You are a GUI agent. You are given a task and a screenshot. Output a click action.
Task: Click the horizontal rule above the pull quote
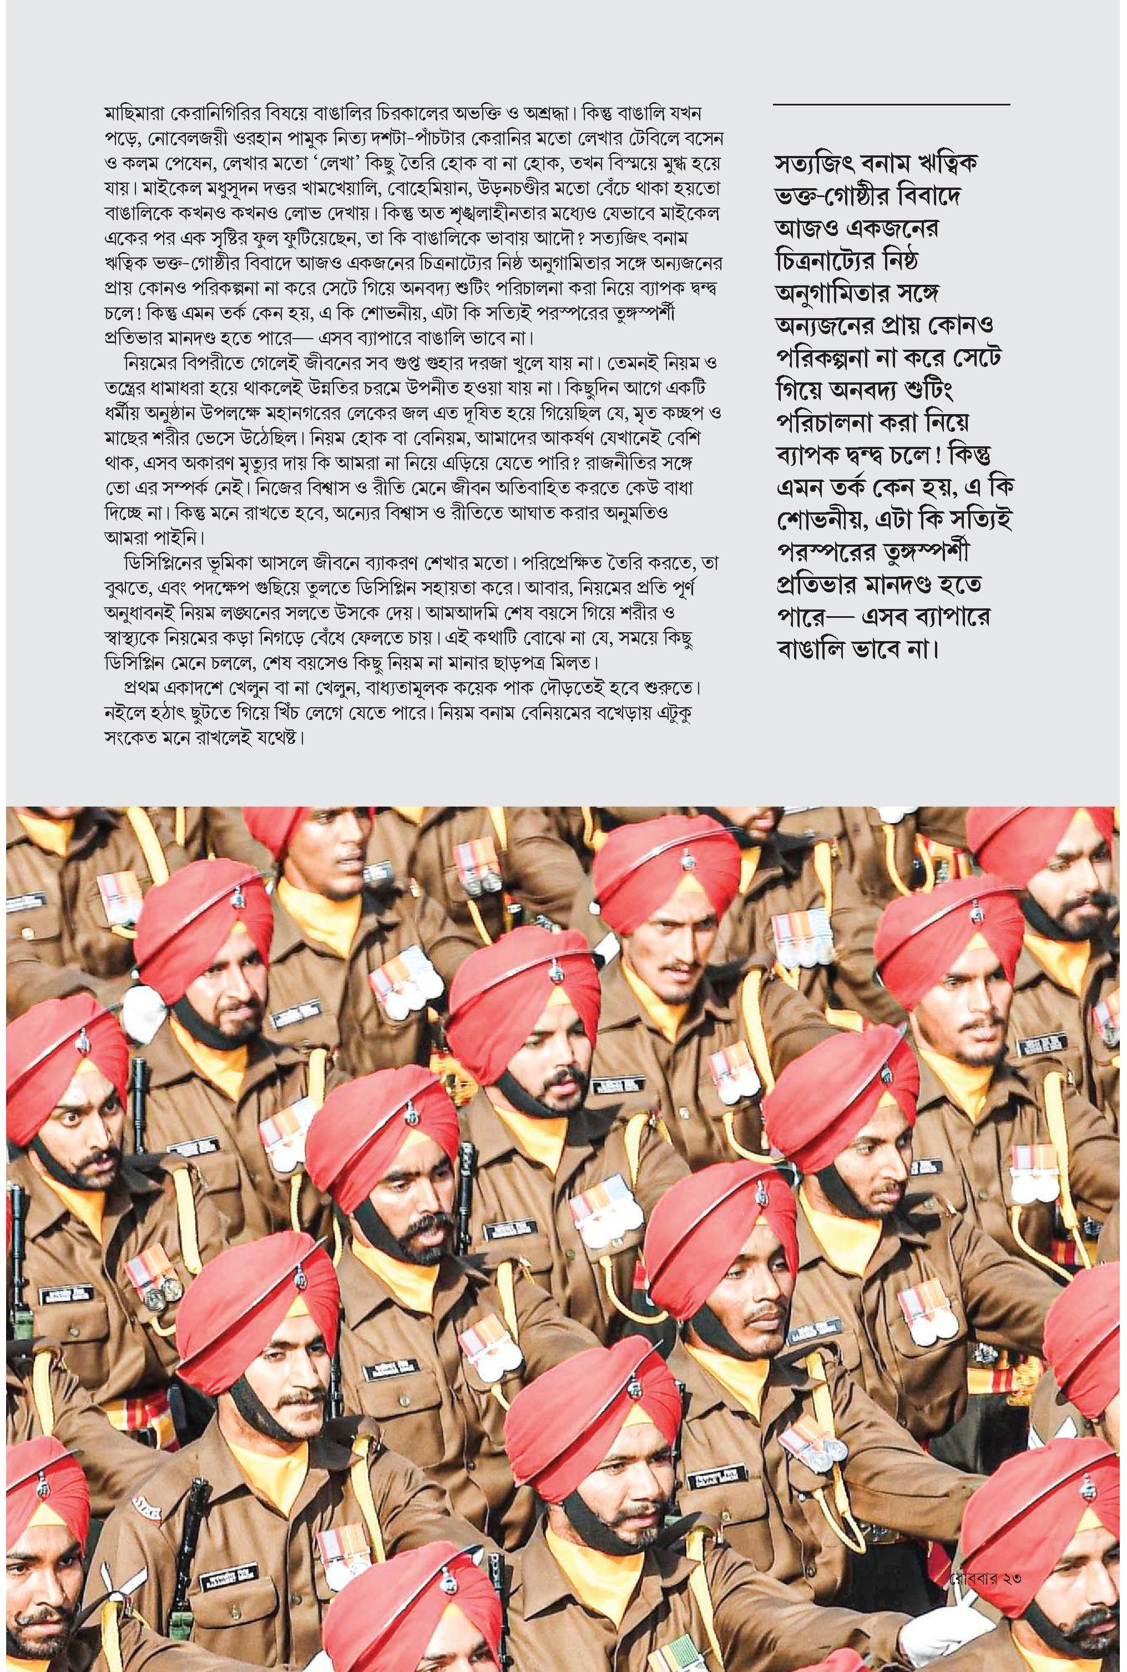click(x=891, y=105)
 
